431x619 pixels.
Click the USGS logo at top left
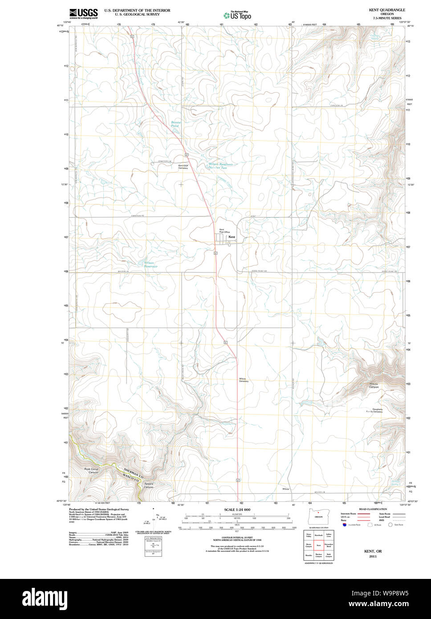pyautogui.click(x=83, y=13)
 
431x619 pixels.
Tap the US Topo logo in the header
pyautogui.click(x=238, y=15)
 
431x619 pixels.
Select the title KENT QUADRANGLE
pyautogui.click(x=387, y=10)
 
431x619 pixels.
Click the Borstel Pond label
pyautogui.click(x=175, y=124)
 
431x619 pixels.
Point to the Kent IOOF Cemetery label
pyautogui.click(x=183, y=167)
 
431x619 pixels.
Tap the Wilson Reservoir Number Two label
pyautogui.click(x=218, y=166)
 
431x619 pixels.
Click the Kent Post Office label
pyautogui.click(x=224, y=231)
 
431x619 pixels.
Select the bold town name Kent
pyautogui.click(x=232, y=237)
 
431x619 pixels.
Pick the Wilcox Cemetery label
pyautogui.click(x=244, y=380)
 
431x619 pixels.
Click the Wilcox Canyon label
pyautogui.click(x=374, y=385)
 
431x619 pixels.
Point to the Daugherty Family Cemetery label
pyautogui.click(x=374, y=411)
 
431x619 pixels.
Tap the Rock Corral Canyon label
pyautogui.click(x=91, y=471)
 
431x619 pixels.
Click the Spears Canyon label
pyautogui.click(x=148, y=485)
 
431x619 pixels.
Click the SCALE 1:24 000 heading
pyautogui.click(x=237, y=509)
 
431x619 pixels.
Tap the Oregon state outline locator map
pyautogui.click(x=318, y=517)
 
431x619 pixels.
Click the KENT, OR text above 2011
pyautogui.click(x=373, y=551)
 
